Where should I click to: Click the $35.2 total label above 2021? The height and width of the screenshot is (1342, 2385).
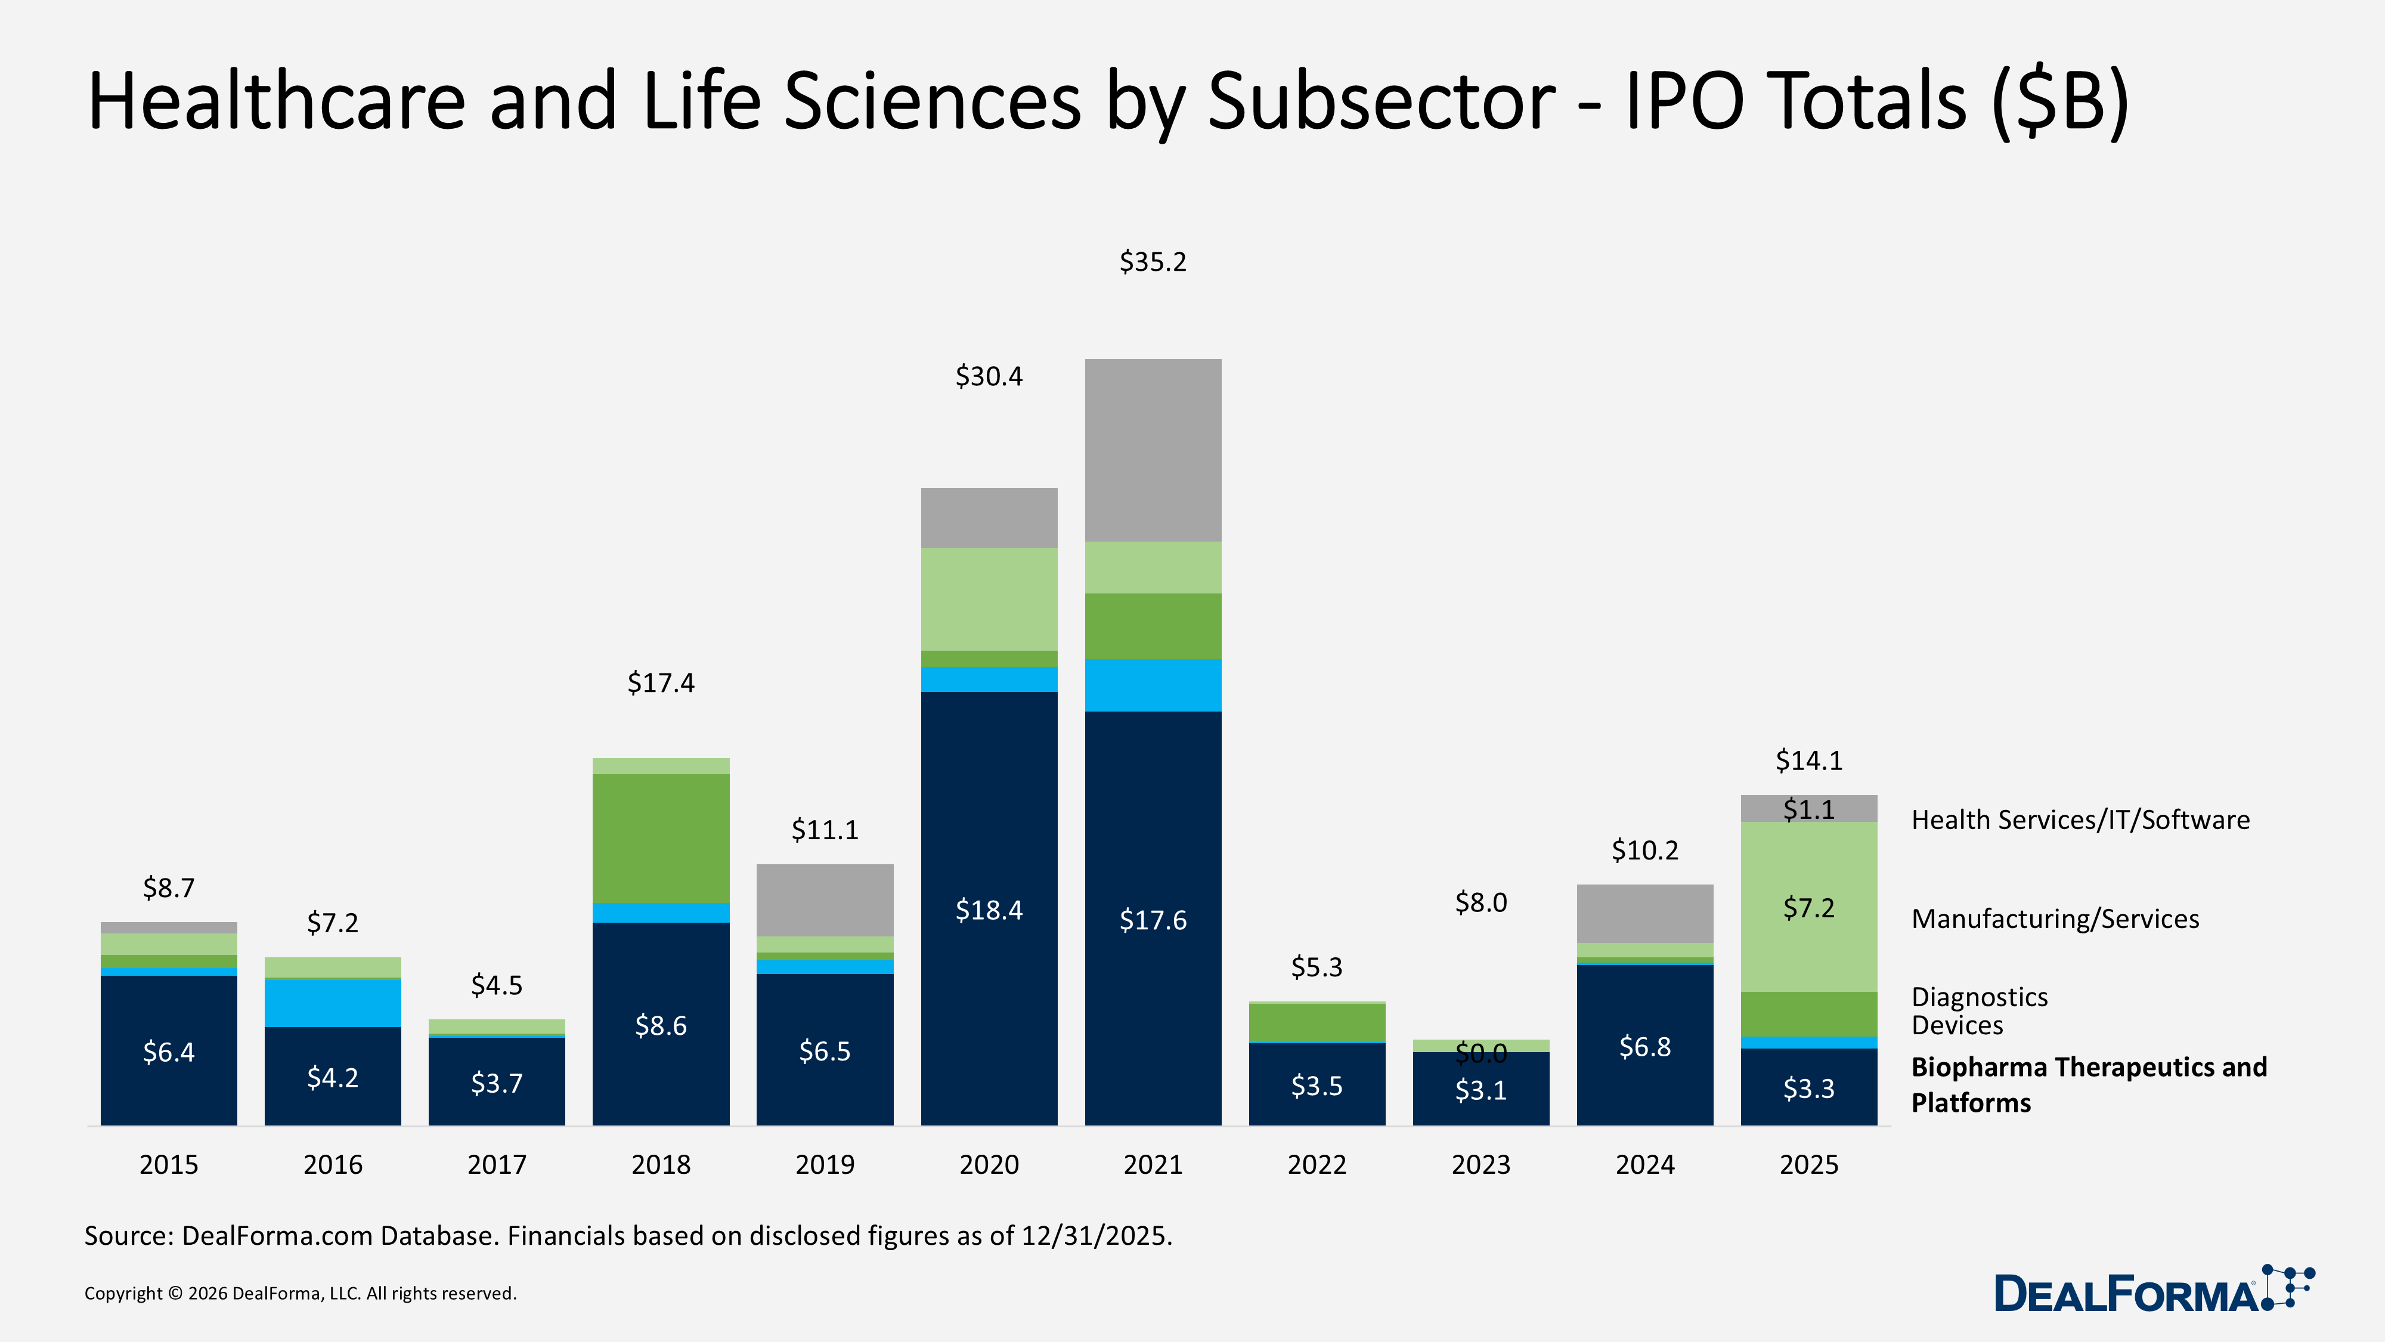pyautogui.click(x=1153, y=262)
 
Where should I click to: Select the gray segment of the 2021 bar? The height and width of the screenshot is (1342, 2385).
pyautogui.click(x=1153, y=450)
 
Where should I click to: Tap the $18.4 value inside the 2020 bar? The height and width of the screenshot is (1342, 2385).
pyautogui.click(x=989, y=910)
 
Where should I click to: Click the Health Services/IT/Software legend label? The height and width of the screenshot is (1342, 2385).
pyautogui.click(x=2080, y=820)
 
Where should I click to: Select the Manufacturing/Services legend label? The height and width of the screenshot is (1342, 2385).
pyautogui.click(x=2055, y=919)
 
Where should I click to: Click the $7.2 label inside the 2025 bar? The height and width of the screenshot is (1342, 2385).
pyautogui.click(x=1808, y=908)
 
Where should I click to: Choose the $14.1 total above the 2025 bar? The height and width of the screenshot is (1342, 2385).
pyautogui.click(x=1808, y=760)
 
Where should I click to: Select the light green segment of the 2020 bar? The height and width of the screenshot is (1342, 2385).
pyautogui.click(x=989, y=599)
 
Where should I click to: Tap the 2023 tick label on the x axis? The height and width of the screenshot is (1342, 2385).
pyautogui.click(x=1480, y=1164)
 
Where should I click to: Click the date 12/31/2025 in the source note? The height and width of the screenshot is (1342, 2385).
pyautogui.click(x=1097, y=1235)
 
